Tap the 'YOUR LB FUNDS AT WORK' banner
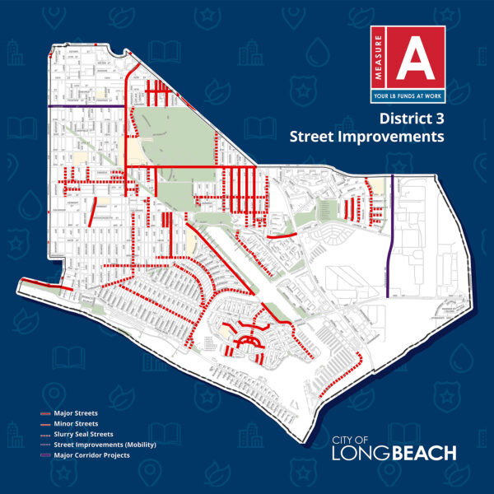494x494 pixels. coord(408,97)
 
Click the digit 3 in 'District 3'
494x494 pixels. coord(437,119)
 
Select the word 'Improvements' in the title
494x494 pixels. coord(403,136)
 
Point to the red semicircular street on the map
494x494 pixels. coord(248,339)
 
